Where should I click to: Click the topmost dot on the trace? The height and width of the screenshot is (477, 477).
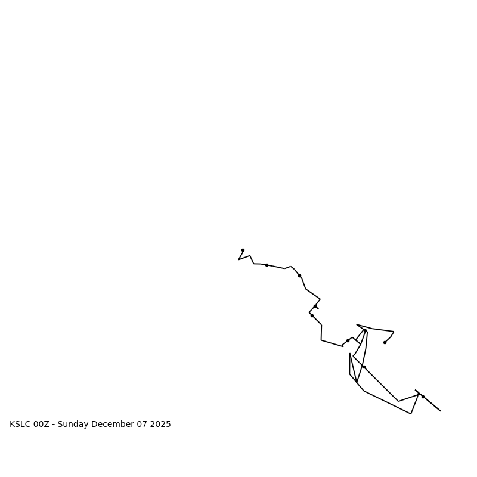[x=243, y=250]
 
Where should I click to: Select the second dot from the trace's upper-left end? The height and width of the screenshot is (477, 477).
[x=267, y=265]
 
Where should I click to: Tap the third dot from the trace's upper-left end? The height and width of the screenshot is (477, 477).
[x=299, y=275]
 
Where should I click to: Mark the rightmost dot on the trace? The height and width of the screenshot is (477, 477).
[x=423, y=397]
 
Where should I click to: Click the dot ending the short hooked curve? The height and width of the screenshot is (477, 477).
[x=385, y=342]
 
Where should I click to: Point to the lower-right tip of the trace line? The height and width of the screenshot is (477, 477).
[x=441, y=411]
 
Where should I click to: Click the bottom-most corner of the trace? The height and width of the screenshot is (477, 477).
[x=411, y=414]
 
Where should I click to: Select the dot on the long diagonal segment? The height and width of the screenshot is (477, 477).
[x=364, y=367]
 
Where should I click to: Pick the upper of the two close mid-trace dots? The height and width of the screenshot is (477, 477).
[x=315, y=306]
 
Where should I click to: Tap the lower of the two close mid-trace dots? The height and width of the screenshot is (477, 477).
[x=312, y=315]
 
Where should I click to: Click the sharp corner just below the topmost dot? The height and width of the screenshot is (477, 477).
[x=238, y=259]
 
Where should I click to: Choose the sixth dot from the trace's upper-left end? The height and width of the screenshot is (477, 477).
[x=348, y=340]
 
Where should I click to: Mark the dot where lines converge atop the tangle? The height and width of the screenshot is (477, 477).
[x=365, y=330]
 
